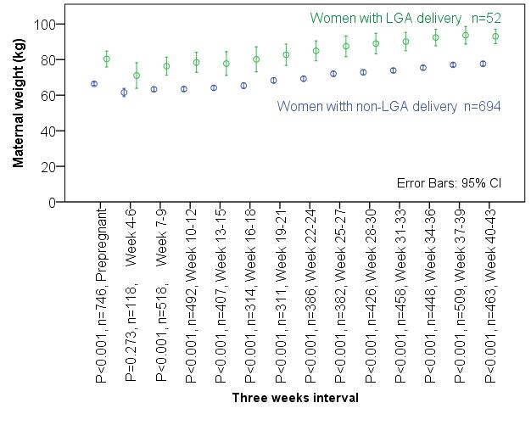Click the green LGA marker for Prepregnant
pyautogui.click(x=107, y=59)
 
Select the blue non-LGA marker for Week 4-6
pyautogui.click(x=125, y=92)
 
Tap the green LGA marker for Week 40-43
pyautogui.click(x=495, y=36)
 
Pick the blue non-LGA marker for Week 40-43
pyautogui.click(x=483, y=64)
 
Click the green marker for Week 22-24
pyautogui.click(x=316, y=51)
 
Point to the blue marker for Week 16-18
pyautogui.click(x=243, y=86)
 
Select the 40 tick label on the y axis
pyautogui.click(x=48, y=131)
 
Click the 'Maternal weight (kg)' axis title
pyautogui.click(x=18, y=103)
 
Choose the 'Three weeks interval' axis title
pyautogui.click(x=295, y=398)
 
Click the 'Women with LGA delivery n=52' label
pyautogui.click(x=405, y=19)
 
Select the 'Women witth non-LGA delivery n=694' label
pyautogui.click(x=388, y=106)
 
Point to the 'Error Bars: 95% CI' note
pyautogui.click(x=449, y=183)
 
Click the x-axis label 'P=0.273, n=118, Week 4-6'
pyautogui.click(x=131, y=295)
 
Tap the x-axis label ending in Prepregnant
pyautogui.click(x=101, y=295)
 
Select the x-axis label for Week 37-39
pyautogui.click(x=460, y=295)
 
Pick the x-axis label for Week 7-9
pyautogui.click(x=161, y=295)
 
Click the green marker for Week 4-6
pyautogui.click(x=137, y=75)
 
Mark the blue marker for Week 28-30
pyautogui.click(x=363, y=72)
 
